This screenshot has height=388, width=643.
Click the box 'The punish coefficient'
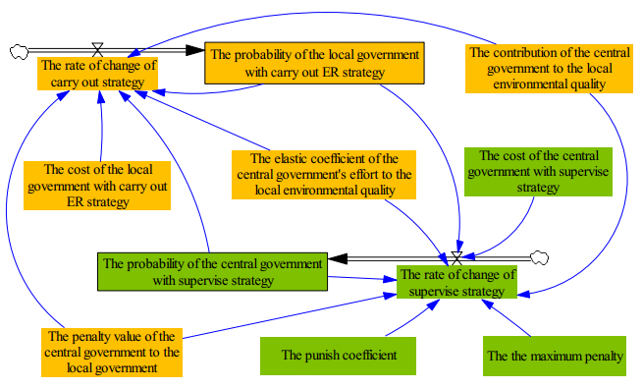point(338,356)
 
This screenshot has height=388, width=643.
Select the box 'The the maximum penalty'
point(555,356)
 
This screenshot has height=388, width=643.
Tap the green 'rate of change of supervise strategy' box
point(456,282)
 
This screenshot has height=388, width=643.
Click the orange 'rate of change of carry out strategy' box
point(97,74)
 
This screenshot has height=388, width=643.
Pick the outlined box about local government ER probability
point(314,63)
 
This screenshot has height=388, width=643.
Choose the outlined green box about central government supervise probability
point(212,271)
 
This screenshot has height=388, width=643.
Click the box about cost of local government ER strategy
point(97,186)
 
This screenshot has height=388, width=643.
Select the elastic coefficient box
point(324,175)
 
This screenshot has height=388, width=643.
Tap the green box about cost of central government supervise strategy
point(538,172)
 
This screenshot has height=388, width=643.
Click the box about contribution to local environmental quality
point(549,69)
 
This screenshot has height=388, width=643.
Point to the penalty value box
point(112,353)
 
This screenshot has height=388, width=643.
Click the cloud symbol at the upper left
point(19,52)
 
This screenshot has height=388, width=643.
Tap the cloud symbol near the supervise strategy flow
point(539,258)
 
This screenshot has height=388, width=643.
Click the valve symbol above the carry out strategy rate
point(97,50)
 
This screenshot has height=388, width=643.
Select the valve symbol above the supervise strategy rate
point(456,258)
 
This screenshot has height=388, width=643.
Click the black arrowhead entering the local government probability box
point(195,50)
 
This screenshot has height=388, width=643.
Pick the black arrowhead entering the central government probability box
point(338,258)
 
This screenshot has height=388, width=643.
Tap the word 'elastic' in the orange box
point(290,159)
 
